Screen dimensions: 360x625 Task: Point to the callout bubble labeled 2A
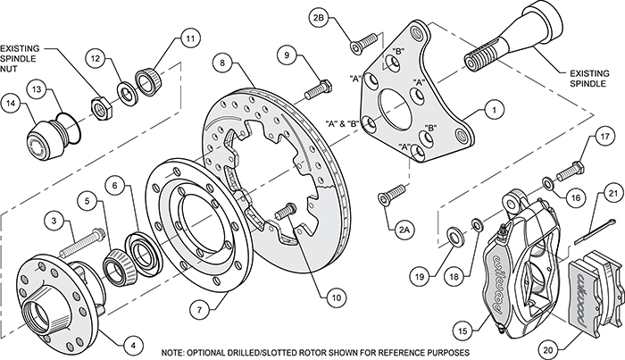click(405, 230)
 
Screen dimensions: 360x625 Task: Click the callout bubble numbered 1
click(490, 113)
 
